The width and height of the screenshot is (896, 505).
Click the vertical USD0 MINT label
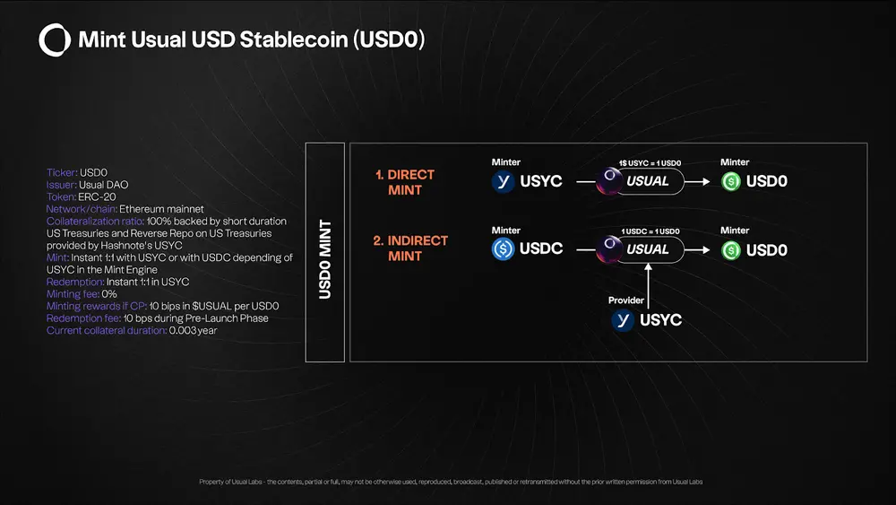(x=325, y=259)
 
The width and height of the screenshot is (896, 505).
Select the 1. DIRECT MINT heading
(x=405, y=182)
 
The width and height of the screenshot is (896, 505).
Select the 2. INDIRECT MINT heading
(x=410, y=248)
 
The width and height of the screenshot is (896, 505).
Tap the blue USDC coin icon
(x=503, y=248)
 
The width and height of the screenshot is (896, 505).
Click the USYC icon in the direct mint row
(x=503, y=182)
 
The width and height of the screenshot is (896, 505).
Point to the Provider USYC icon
(x=623, y=320)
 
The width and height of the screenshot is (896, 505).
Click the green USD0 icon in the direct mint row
(x=731, y=182)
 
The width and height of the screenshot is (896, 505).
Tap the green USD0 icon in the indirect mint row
(x=731, y=250)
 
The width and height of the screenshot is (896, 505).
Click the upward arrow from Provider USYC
(x=648, y=286)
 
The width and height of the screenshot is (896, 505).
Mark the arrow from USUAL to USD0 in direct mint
(x=697, y=182)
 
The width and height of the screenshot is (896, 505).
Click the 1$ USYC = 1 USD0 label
(x=650, y=163)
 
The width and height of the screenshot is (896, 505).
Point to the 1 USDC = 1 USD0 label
(x=650, y=231)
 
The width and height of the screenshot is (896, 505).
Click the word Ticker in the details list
(x=62, y=173)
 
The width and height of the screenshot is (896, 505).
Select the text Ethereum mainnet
(x=161, y=209)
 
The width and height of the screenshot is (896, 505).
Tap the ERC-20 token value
(x=97, y=196)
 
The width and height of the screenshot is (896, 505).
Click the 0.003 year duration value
(x=194, y=331)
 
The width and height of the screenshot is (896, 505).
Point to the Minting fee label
(x=73, y=294)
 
